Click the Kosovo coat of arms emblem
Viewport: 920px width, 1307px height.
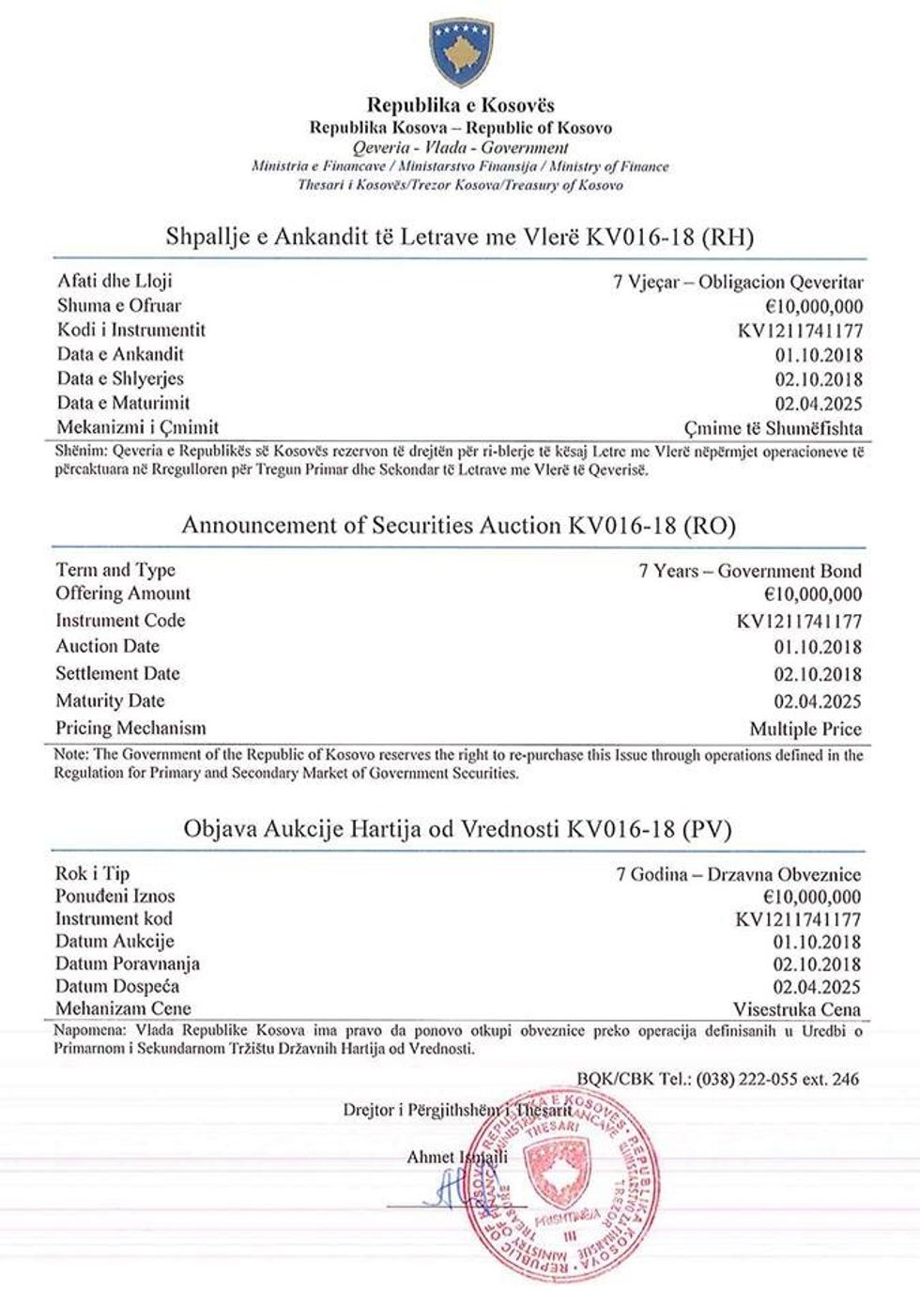[x=459, y=53]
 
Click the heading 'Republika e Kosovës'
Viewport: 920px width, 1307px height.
[x=460, y=105]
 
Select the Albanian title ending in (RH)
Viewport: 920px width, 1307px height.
[x=460, y=237]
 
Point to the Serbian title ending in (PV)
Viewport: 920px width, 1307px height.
[x=459, y=829]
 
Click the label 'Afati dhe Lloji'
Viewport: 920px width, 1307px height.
[x=115, y=281]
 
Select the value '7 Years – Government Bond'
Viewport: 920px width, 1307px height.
[x=750, y=570]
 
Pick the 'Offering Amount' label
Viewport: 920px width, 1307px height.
[x=122, y=593]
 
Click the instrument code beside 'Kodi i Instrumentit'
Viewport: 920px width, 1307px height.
[x=799, y=331]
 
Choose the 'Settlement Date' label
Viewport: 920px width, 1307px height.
[x=117, y=673]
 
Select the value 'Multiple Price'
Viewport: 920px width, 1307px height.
[x=805, y=729]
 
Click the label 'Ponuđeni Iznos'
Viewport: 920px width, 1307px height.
[x=115, y=896]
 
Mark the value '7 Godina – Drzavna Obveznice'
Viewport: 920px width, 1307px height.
[x=738, y=874]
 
